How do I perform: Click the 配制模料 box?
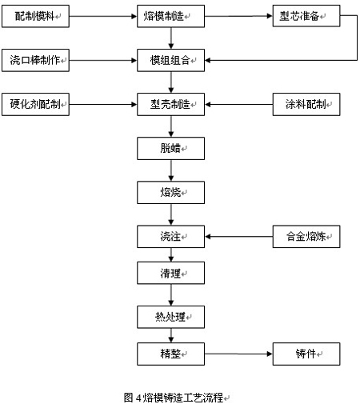[x=35, y=16]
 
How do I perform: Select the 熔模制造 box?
[x=171, y=16]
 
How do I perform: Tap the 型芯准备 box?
[x=306, y=16]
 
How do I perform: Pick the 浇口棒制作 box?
[x=35, y=60]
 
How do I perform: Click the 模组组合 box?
[x=171, y=60]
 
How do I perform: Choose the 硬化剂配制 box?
[x=35, y=104]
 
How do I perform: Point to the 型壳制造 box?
[x=171, y=104]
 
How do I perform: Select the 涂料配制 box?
[x=306, y=104]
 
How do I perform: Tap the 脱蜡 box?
[x=171, y=149]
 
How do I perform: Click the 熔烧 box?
[x=171, y=193]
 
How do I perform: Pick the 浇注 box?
[x=171, y=237]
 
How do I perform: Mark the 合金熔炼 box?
[x=306, y=237]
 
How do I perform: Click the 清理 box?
[x=171, y=273]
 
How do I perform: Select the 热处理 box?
[x=171, y=317]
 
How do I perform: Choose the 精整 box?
[x=171, y=354]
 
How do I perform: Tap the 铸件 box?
[x=306, y=354]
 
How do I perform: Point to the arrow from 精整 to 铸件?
[x=238, y=354]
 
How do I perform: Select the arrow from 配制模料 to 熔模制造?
[x=103, y=16]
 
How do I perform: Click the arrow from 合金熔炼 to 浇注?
[x=238, y=237]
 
